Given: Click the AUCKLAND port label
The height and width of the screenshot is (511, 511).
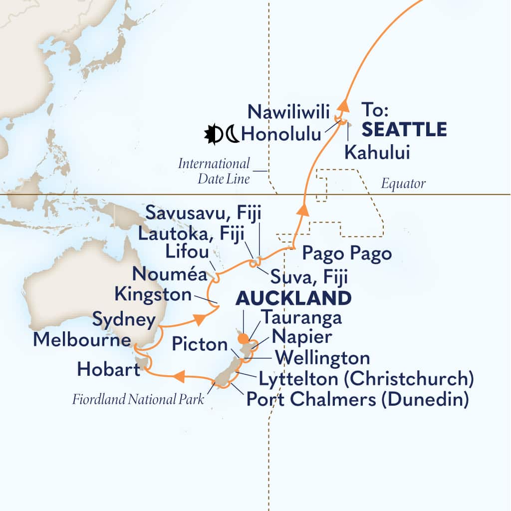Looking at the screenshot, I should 293,298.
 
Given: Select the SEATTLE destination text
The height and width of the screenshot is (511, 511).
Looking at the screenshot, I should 404,130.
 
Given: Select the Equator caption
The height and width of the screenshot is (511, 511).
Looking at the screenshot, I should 403,184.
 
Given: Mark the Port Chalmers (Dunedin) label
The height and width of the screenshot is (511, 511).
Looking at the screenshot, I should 357,400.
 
